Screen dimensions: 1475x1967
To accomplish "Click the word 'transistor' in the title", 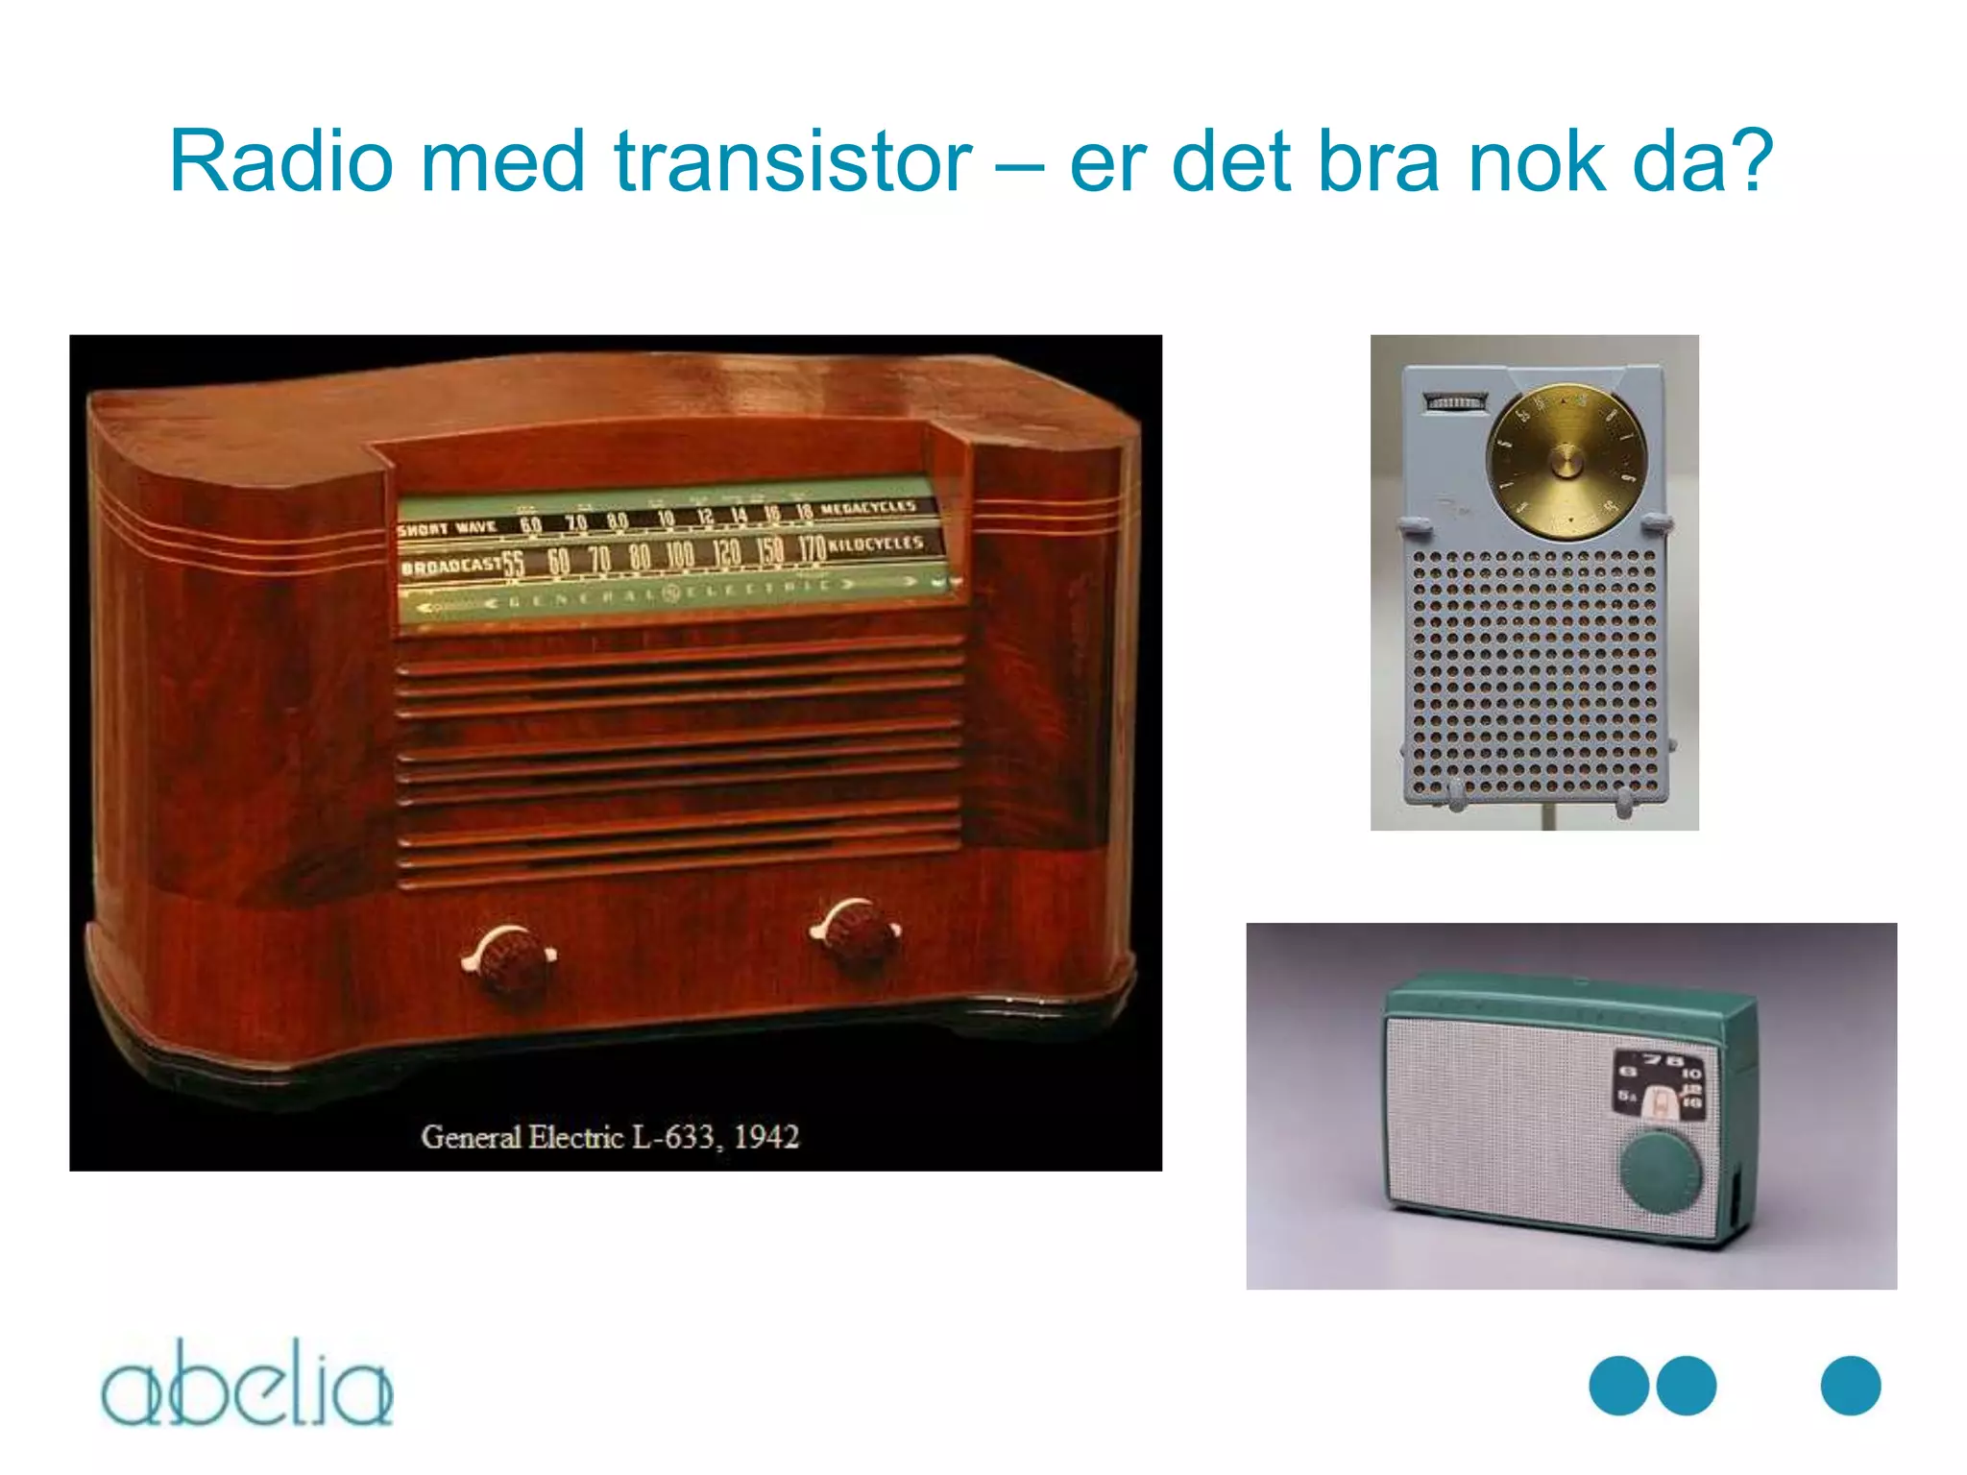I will click(x=793, y=161).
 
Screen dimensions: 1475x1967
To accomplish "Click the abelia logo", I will click(x=248, y=1383).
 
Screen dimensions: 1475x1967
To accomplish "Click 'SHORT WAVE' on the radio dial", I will click(x=448, y=528).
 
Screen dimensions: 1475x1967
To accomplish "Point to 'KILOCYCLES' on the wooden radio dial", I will click(x=875, y=544).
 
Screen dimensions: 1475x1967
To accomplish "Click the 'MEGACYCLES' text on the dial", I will click(x=868, y=507).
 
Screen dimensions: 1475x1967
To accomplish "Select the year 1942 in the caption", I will click(x=766, y=1137).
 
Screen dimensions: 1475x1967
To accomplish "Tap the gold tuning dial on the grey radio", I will click(x=1566, y=462).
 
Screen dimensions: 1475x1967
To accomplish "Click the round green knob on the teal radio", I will click(x=1661, y=1173).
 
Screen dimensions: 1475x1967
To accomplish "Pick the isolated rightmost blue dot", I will click(x=1850, y=1385).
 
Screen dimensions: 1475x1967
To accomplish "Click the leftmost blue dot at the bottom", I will click(x=1619, y=1385).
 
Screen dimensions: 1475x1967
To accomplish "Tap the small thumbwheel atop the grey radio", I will click(x=1455, y=402).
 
